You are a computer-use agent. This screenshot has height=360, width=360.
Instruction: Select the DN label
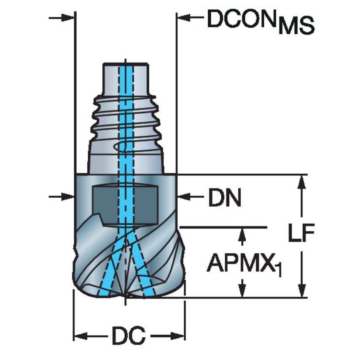click(225, 196)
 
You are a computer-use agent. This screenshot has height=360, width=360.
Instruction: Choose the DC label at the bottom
click(128, 336)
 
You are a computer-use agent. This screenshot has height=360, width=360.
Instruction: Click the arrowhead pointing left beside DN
click(184, 196)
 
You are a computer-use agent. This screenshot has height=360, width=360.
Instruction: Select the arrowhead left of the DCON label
click(184, 17)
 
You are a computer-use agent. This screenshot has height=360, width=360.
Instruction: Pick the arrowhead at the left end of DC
click(80, 336)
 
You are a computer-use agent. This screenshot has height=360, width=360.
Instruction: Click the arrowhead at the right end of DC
click(179, 336)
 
